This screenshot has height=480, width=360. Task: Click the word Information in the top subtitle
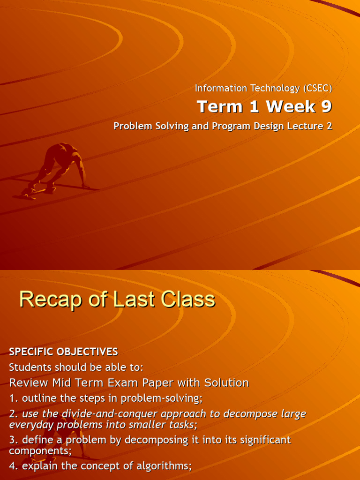(x=214, y=88)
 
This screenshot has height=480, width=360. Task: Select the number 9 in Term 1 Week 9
(x=326, y=107)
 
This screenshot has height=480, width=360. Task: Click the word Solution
(x=226, y=383)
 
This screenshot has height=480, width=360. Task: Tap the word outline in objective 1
(x=37, y=399)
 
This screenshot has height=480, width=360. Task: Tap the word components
(x=39, y=450)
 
